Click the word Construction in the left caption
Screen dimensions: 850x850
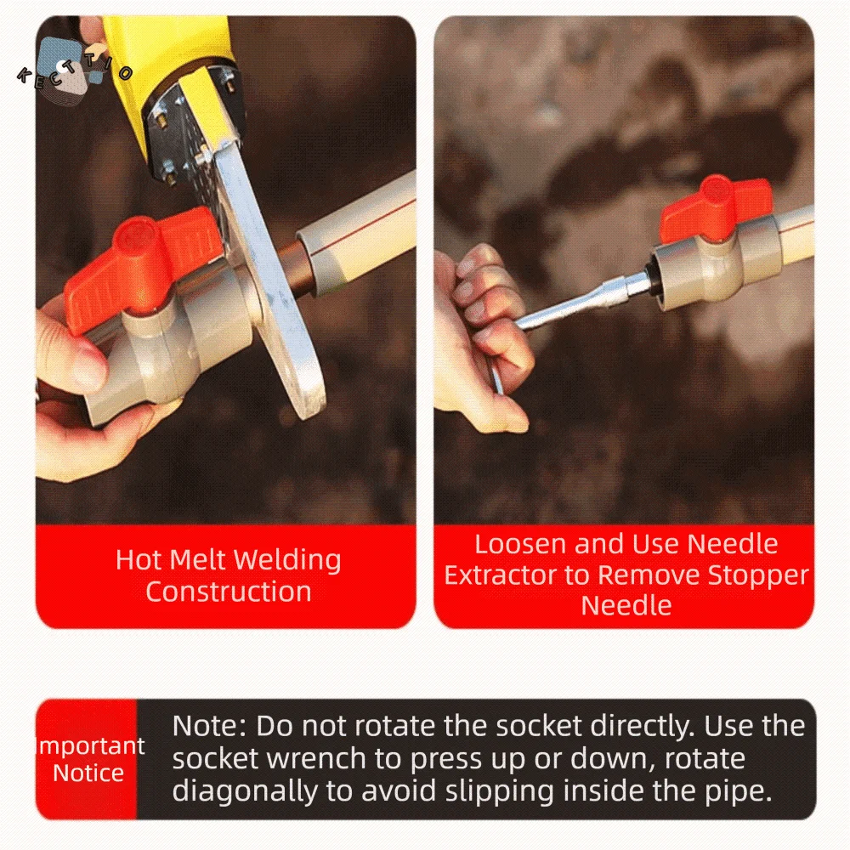pyautogui.click(x=228, y=592)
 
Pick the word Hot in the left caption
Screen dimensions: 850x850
pyautogui.click(x=138, y=561)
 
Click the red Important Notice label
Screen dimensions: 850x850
pyautogui.click(x=88, y=759)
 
